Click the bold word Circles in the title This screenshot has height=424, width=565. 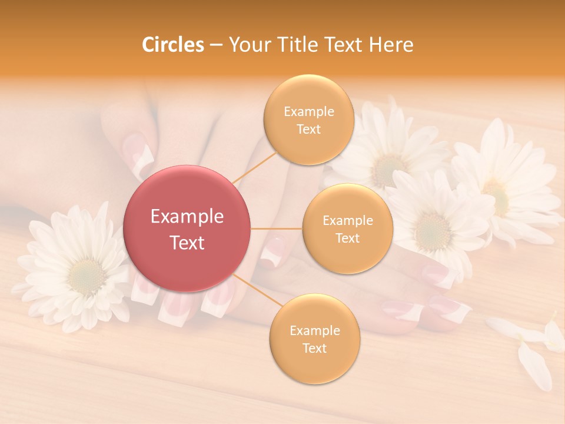(172, 45)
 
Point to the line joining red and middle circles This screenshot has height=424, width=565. (277, 228)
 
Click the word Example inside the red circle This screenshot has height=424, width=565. (187, 217)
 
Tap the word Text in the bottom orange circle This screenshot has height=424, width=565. (314, 348)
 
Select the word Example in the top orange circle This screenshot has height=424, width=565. (308, 112)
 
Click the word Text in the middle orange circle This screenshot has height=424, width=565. (347, 238)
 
